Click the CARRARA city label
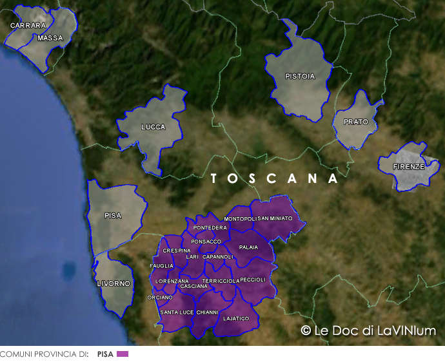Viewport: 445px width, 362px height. pos(28,26)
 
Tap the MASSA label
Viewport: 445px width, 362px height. pos(50,38)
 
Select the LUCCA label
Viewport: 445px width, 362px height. pos(153,127)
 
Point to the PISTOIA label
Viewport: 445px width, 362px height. pos(300,76)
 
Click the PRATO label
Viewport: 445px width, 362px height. pos(355,122)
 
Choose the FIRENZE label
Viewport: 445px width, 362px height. pos(410,167)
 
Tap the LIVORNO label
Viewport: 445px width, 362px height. pos(114,283)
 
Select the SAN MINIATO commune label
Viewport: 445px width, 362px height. pos(275,218)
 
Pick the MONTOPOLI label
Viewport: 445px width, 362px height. pos(241,219)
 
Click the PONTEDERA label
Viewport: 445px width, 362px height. pos(210,228)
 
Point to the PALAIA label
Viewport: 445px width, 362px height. pos(248,247)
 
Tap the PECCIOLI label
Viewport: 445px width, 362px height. pos(252,280)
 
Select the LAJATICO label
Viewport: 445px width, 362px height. pos(235,318)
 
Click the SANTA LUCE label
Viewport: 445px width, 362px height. pos(177,312)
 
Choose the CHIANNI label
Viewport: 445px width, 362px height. pos(207,312)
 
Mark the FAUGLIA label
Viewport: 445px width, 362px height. pos(161,265)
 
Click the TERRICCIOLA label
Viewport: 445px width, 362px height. pos(221,281)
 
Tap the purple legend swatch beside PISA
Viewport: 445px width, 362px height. pos(123,354)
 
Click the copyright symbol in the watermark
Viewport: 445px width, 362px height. pos(306,330)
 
